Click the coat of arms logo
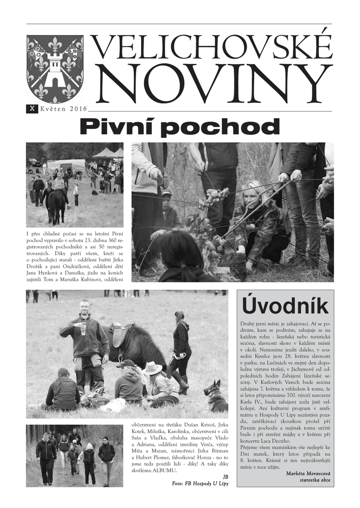[55, 68]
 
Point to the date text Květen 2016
[64, 109]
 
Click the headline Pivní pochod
[180, 127]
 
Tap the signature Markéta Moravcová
[308, 473]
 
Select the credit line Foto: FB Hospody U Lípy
[200, 483]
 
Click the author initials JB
[225, 476]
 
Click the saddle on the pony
[122, 334]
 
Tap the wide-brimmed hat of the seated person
[152, 368]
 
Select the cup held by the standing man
[83, 328]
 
